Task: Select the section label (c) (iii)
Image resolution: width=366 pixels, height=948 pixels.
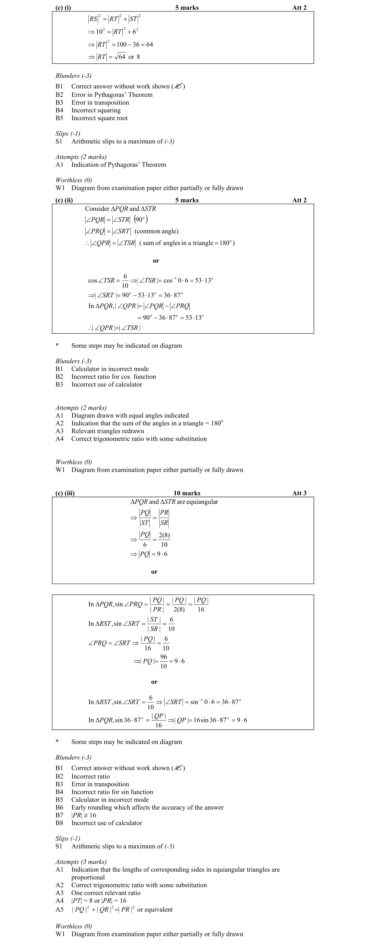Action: pyautogui.click(x=65, y=493)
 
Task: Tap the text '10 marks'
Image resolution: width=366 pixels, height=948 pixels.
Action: pyautogui.click(x=187, y=493)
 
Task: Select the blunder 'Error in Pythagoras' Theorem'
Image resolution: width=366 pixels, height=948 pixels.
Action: pyautogui.click(x=112, y=95)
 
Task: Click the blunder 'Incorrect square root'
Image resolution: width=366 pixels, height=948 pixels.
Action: pyautogui.click(x=99, y=118)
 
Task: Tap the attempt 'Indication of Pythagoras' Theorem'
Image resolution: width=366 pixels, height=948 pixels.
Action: pyautogui.click(x=118, y=164)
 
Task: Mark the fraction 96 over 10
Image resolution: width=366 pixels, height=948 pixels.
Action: pyautogui.click(x=163, y=661)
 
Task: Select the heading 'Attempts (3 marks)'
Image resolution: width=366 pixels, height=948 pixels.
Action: pyautogui.click(x=81, y=861)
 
